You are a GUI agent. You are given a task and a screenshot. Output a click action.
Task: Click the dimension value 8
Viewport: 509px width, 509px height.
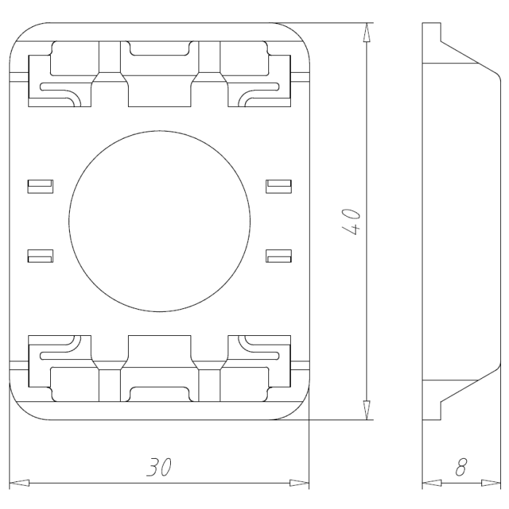[460, 468]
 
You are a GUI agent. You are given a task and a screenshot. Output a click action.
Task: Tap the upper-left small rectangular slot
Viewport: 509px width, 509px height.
[40, 185]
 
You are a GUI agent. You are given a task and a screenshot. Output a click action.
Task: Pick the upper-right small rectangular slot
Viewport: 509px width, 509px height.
[278, 185]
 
